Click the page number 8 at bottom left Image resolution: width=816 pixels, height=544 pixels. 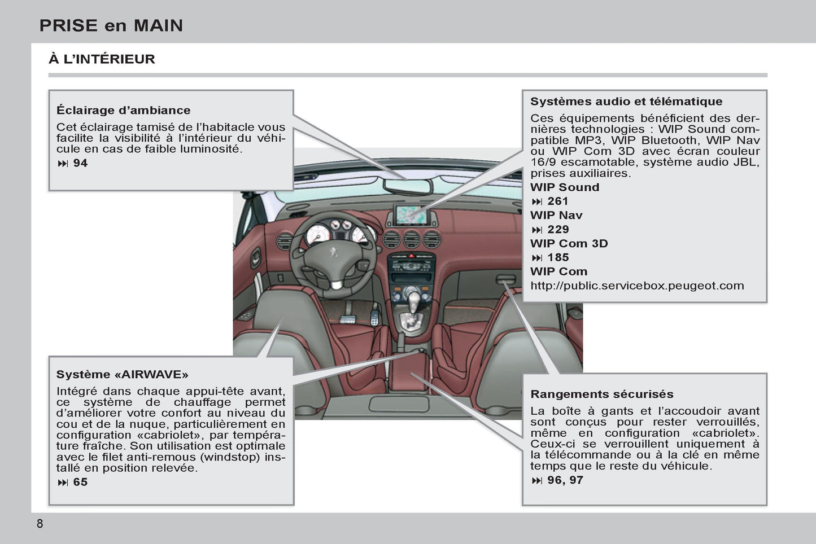click(40, 523)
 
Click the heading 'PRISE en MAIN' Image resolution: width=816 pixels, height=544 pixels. click(111, 25)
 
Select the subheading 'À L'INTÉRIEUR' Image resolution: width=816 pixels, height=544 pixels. click(102, 59)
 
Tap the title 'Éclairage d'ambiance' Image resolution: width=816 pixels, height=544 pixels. click(123, 110)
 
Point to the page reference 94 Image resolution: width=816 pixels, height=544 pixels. click(80, 163)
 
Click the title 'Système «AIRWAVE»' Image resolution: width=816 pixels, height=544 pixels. click(122, 374)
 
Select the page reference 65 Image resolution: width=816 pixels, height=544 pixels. click(80, 482)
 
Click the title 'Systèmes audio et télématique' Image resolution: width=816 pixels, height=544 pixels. click(626, 102)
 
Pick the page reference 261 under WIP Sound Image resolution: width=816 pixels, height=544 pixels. click(557, 201)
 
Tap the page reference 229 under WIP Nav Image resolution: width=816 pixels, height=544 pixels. click(557, 230)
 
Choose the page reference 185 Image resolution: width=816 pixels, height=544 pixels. click(557, 257)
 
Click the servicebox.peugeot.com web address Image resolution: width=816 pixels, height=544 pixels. click(637, 286)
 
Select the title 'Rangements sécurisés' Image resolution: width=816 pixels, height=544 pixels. click(601, 394)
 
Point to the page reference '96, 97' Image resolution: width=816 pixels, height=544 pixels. click(565, 480)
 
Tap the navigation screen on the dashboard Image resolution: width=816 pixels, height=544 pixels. click(411, 214)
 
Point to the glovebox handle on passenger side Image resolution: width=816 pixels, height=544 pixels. click(506, 279)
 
